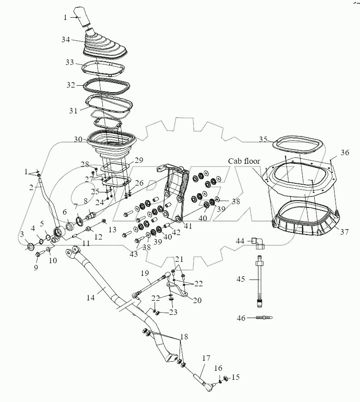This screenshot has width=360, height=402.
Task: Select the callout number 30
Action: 78,139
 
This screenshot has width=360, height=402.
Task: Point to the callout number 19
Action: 145,274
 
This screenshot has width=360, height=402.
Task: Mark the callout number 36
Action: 345,153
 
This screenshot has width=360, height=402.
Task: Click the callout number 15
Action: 236,377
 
